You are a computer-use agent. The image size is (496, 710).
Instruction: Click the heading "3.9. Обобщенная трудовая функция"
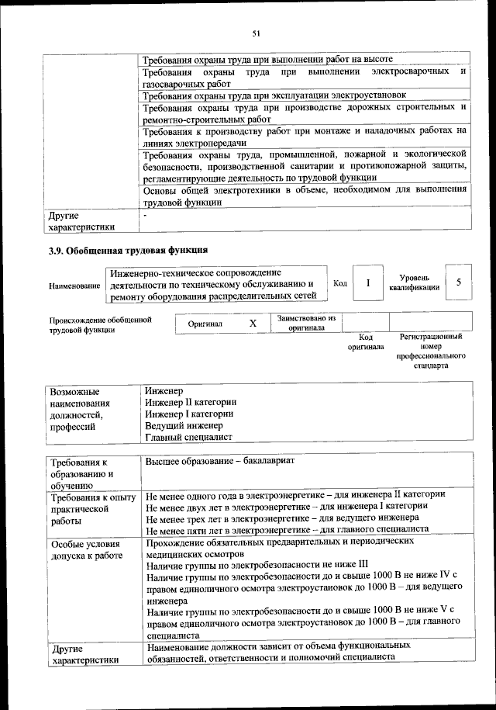click(127, 251)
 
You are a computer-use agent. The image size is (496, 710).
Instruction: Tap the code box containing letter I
click(368, 283)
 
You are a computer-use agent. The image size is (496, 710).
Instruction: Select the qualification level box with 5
click(459, 283)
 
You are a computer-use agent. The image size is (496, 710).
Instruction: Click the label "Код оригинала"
click(366, 342)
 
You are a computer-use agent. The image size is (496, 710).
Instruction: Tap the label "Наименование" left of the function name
click(74, 286)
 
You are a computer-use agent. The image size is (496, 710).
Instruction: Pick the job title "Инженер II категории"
click(191, 403)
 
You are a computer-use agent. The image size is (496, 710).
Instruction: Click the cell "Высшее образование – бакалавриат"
click(221, 461)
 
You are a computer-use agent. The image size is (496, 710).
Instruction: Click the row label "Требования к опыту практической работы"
click(91, 509)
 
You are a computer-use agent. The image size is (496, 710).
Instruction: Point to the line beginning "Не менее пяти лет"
click(287, 529)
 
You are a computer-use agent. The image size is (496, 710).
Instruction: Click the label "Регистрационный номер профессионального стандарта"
click(431, 351)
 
